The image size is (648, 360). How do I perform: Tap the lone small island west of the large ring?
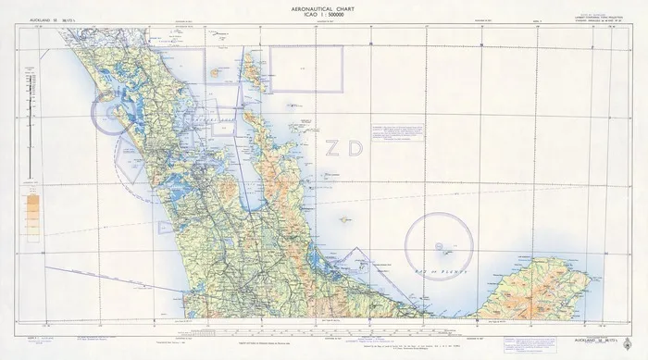[344, 219]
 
